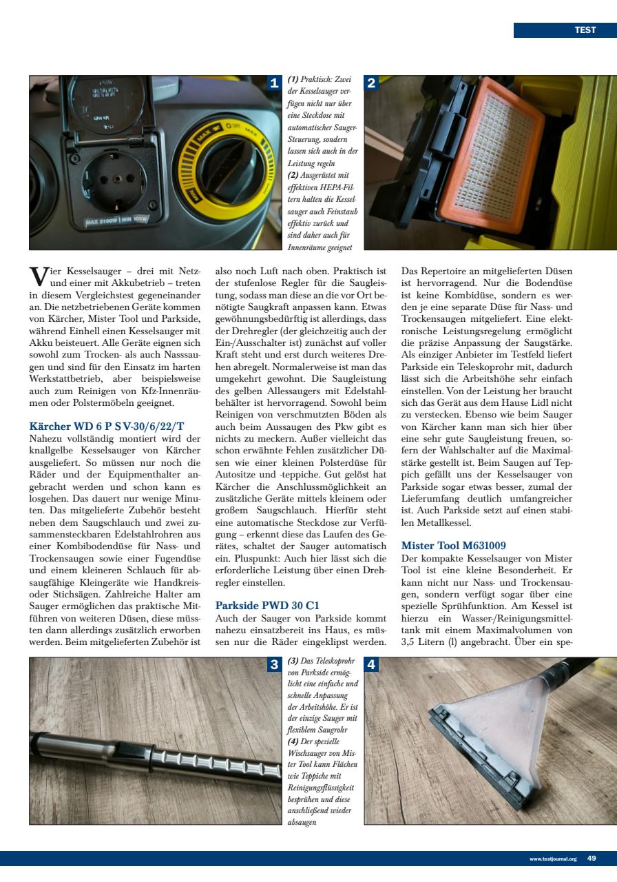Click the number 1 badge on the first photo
pyautogui.click(x=274, y=84)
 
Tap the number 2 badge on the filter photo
pyautogui.click(x=371, y=84)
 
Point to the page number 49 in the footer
pyautogui.click(x=592, y=859)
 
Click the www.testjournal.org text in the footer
pyautogui.click(x=553, y=859)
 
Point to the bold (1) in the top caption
pyautogui.click(x=293, y=81)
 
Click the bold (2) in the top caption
pyautogui.click(x=293, y=174)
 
